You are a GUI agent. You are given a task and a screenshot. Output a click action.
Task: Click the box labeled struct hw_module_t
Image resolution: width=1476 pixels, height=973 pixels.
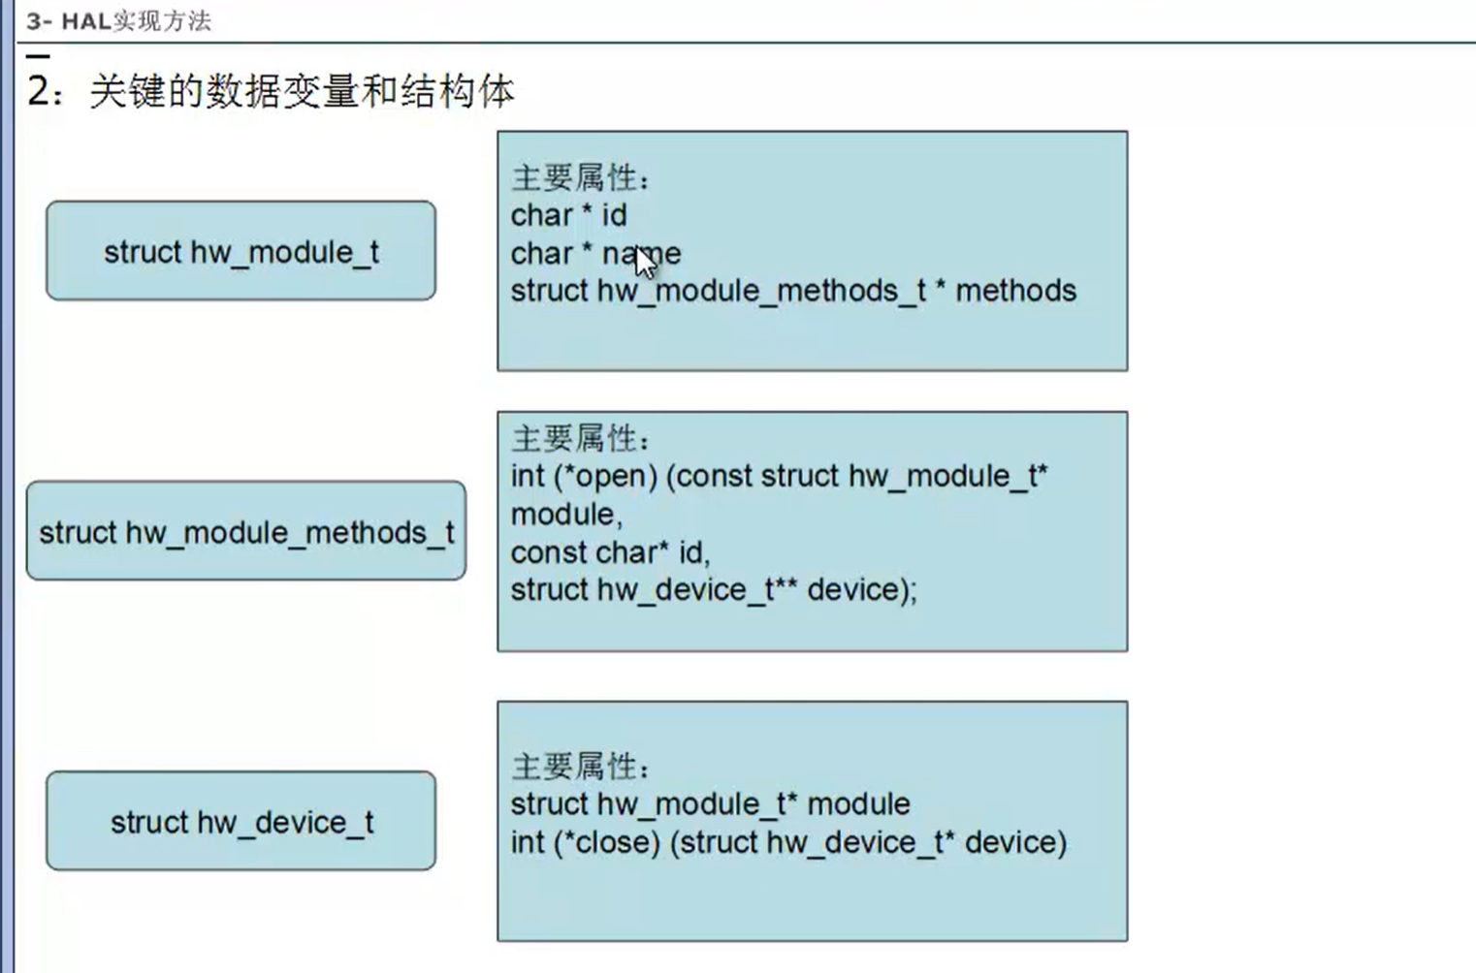point(241,251)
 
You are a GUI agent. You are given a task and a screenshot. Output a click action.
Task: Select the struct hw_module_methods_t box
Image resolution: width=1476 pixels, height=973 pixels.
point(246,531)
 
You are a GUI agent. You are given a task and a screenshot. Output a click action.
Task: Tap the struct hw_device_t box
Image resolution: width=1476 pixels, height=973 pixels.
point(241,821)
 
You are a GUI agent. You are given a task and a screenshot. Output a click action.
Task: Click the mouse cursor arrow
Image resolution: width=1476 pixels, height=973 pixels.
point(644,262)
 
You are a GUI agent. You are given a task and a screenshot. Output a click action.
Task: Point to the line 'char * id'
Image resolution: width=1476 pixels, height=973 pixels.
point(568,215)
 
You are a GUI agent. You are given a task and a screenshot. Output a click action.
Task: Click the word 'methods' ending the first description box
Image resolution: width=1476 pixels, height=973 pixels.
point(1015,291)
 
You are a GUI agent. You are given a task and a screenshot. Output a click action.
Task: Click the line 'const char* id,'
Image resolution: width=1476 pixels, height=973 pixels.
point(610,552)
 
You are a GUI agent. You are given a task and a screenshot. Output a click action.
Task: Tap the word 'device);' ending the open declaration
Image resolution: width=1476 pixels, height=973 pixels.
point(861,589)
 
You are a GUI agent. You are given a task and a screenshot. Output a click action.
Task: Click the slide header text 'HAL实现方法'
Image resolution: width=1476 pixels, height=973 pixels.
point(136,20)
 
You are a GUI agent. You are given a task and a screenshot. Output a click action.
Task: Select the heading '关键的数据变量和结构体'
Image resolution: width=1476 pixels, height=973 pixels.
point(302,92)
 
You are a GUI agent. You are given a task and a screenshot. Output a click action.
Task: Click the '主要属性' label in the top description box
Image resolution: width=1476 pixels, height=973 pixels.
point(574,177)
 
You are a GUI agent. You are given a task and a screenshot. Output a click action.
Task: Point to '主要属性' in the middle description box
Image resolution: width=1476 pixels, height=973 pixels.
point(574,438)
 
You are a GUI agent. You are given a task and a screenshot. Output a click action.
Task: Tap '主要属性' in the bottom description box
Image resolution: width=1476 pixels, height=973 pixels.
point(574,767)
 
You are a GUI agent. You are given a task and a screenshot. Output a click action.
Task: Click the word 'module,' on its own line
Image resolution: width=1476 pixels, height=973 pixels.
point(566,514)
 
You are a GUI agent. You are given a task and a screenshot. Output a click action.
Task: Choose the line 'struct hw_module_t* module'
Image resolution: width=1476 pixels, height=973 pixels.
point(710,803)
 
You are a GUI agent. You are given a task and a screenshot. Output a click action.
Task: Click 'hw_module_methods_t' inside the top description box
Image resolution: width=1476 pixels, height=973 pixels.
point(761,291)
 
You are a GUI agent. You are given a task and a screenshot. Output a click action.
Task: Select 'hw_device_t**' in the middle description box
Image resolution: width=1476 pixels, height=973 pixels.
point(697,589)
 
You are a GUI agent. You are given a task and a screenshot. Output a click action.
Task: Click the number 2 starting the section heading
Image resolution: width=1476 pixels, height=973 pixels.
point(39,91)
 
